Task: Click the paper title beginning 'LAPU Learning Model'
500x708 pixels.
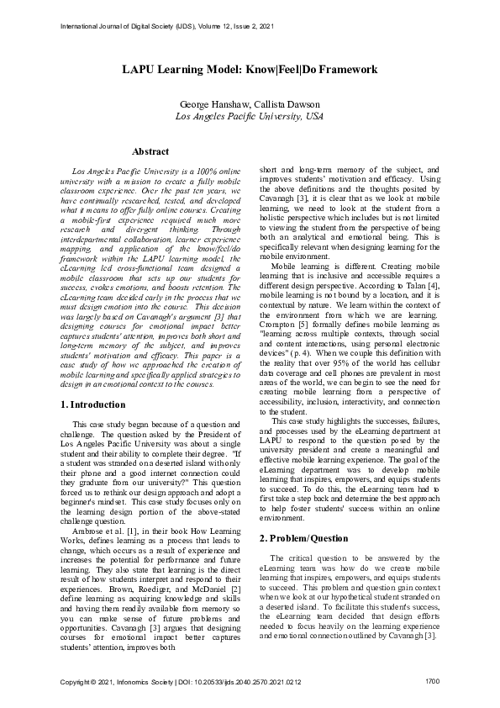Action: [x=250, y=70]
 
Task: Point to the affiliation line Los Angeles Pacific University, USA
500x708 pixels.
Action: [x=250, y=118]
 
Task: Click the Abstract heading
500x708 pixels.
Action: [x=150, y=151]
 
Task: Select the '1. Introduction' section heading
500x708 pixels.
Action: [x=93, y=404]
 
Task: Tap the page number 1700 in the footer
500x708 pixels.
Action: [x=433, y=679]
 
